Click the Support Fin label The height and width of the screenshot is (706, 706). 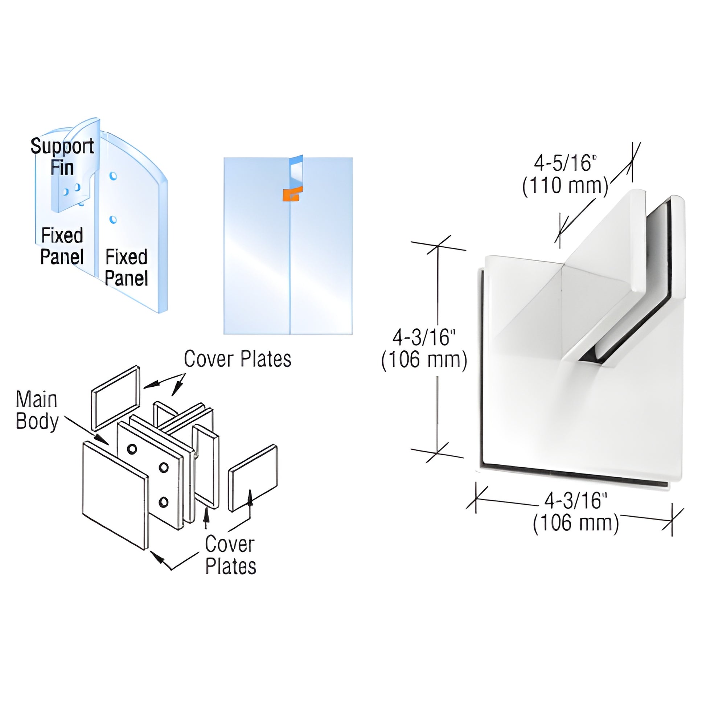click(x=62, y=156)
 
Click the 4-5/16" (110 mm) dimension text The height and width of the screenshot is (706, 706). click(x=565, y=174)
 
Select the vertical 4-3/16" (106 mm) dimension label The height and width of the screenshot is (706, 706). click(x=424, y=349)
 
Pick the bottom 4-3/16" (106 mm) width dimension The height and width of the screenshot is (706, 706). click(x=576, y=512)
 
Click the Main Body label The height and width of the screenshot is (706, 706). click(x=37, y=410)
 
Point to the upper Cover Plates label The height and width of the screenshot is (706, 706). click(x=238, y=359)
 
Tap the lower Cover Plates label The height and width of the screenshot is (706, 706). click(x=230, y=555)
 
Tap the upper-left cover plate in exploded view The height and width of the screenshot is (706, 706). click(x=115, y=397)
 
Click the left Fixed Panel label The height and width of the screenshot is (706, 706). click(x=62, y=246)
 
